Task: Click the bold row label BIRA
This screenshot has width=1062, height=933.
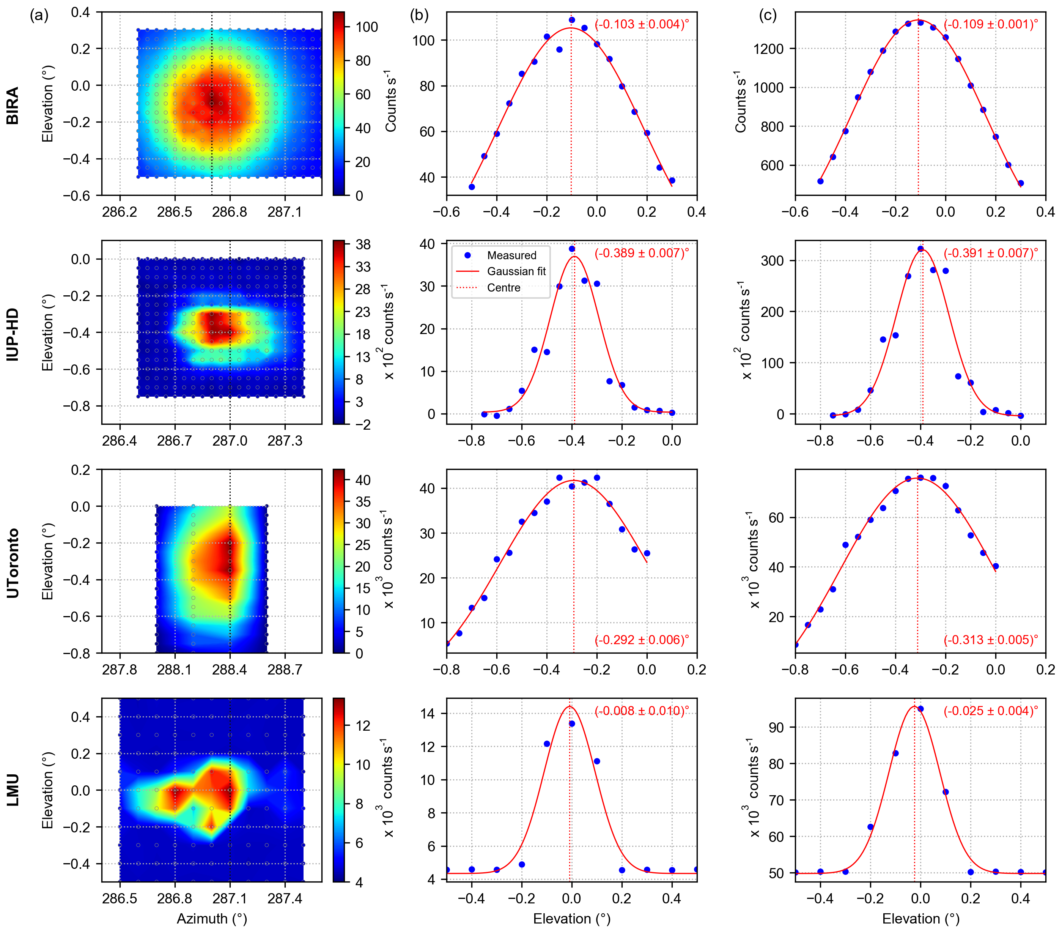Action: click(13, 106)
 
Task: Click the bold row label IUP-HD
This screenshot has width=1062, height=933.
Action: click(13, 334)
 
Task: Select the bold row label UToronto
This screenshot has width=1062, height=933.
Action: click(13, 563)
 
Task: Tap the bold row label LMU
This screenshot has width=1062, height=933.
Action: click(13, 790)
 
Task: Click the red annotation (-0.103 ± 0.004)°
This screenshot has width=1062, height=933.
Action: click(642, 24)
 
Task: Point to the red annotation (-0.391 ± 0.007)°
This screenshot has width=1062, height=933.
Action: click(990, 253)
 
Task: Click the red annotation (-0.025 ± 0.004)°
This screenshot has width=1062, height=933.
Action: click(990, 711)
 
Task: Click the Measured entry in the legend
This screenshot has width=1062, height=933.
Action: click(511, 255)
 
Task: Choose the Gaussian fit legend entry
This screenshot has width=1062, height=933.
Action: click(516, 271)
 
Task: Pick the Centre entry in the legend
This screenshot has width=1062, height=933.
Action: click(503, 287)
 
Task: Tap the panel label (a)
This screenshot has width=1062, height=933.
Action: click(39, 16)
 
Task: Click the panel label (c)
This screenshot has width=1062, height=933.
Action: click(768, 16)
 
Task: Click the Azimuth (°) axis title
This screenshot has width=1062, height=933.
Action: click(212, 919)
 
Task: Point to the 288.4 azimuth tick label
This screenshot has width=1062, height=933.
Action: click(230, 670)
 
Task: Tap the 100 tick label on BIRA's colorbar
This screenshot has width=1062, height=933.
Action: click(367, 27)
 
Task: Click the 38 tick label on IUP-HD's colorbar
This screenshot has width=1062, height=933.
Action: click(363, 244)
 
